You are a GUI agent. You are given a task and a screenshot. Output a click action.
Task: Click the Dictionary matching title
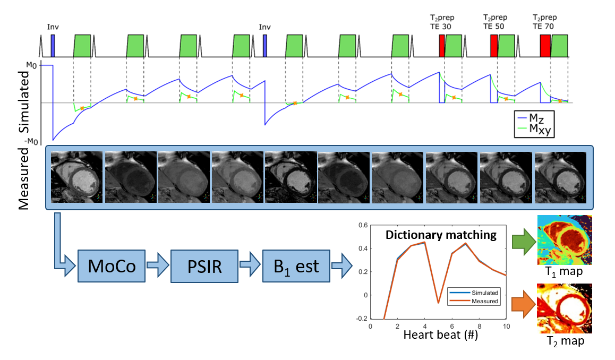[x=441, y=235]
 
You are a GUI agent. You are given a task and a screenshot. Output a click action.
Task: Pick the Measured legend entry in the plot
[x=481, y=301]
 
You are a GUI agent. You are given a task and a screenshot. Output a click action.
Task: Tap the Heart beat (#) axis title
[x=441, y=335]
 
